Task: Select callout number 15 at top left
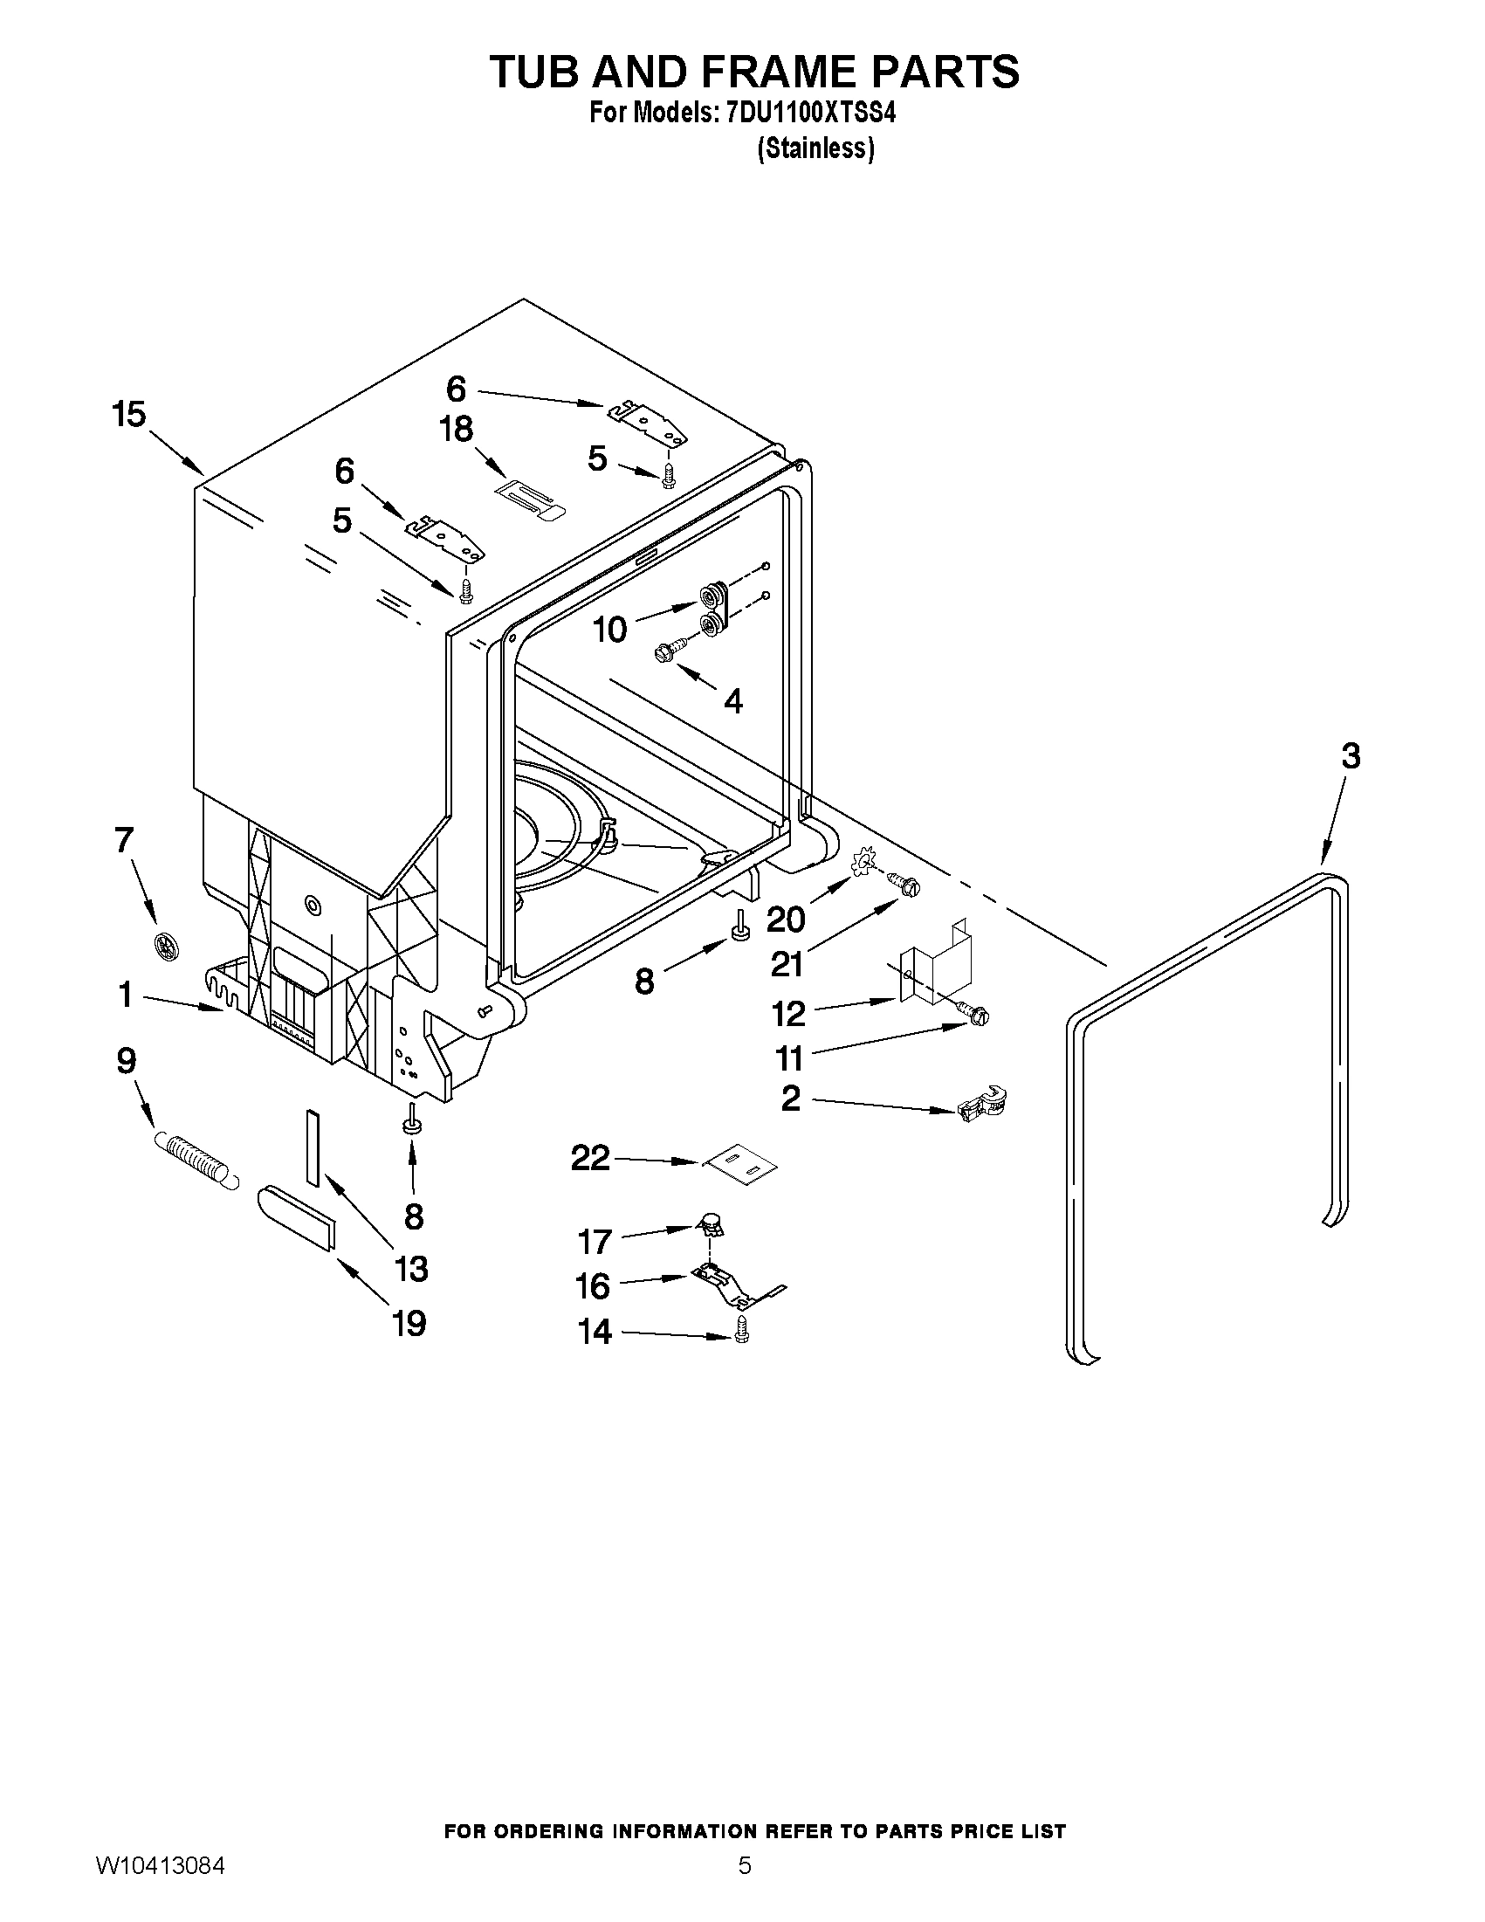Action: (129, 415)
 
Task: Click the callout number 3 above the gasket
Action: (1351, 756)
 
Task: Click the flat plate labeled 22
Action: (740, 1168)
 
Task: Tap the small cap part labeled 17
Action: (711, 1223)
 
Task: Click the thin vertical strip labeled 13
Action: (311, 1147)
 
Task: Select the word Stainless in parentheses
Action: (815, 148)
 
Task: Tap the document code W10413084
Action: (160, 1884)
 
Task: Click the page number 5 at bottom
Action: (745, 1884)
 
